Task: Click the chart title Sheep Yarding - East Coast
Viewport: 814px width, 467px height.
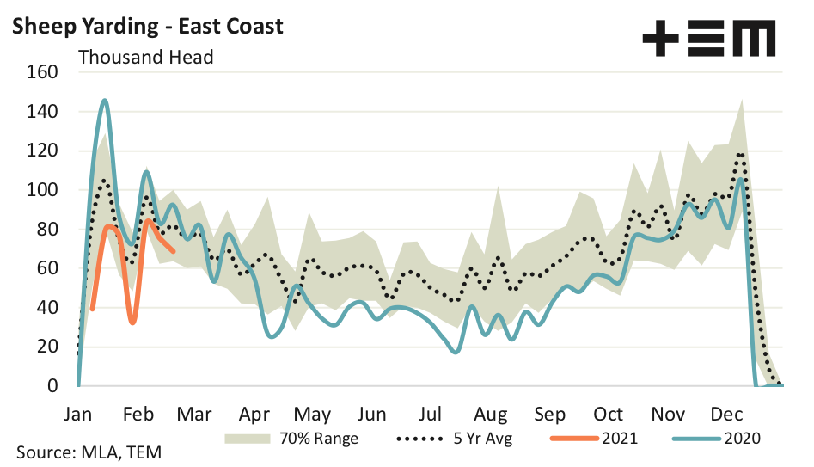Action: (146, 26)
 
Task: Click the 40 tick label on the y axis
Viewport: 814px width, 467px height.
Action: (47, 308)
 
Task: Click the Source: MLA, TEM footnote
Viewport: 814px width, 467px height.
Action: (89, 452)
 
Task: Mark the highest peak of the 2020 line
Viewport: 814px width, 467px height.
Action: (104, 101)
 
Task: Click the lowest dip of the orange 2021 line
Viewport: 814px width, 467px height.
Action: (132, 323)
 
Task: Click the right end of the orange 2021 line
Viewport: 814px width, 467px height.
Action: (174, 251)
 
